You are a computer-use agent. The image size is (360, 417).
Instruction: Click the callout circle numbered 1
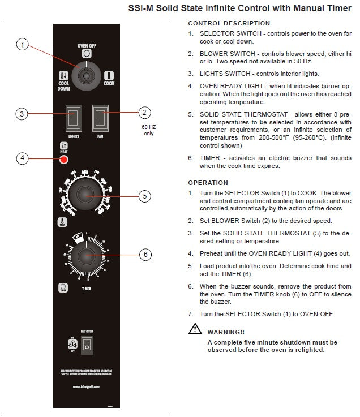pos(22,45)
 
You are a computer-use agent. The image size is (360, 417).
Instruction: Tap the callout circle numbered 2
pos(145,112)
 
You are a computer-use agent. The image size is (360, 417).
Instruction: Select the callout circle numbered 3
pos(22,114)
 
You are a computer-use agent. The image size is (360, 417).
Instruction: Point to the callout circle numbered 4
pos(22,158)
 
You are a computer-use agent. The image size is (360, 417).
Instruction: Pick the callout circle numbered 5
pos(145,196)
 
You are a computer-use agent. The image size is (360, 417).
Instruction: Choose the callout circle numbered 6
pos(145,255)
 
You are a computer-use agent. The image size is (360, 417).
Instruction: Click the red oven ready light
pos(64,160)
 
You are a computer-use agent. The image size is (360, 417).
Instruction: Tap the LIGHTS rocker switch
pos(73,119)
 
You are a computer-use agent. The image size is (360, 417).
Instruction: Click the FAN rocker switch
pos(100,119)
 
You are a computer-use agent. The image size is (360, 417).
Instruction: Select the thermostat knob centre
pos(85,196)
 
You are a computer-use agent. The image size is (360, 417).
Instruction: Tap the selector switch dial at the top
pos(86,75)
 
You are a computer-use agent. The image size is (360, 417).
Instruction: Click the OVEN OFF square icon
pos(87,53)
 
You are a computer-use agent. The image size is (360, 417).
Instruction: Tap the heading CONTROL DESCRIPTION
pos(229,23)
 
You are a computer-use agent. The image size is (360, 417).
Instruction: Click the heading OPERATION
pos(208,183)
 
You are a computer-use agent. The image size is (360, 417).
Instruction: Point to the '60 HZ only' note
pos(148,130)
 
